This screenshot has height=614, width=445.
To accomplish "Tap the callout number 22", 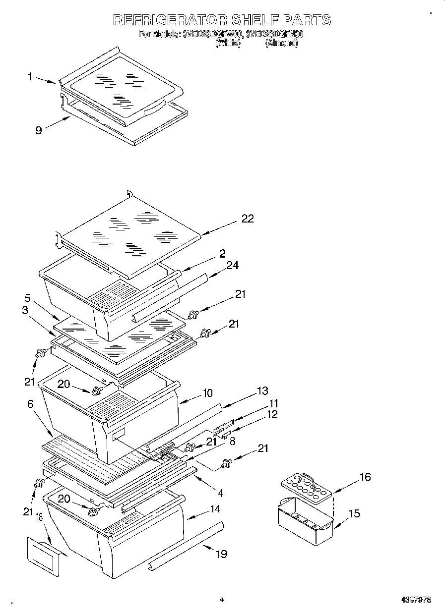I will pos(247,219).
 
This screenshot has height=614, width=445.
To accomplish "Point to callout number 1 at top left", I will pos(30,76).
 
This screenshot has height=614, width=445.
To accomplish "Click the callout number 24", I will pos(232,266).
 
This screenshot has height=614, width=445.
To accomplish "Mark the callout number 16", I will pos(365,477).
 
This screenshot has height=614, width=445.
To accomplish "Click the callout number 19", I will pos(221,554).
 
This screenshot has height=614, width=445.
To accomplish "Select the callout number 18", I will pos(38,518).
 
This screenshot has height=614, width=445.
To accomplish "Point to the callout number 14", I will pos(214,509).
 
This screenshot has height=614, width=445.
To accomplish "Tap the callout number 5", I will pos(28,299).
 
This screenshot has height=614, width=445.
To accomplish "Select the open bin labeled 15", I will pos(304,523).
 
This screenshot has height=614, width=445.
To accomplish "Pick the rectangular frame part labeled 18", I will pos(44,557).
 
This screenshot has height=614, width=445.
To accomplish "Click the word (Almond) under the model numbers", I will pos(281,43).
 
